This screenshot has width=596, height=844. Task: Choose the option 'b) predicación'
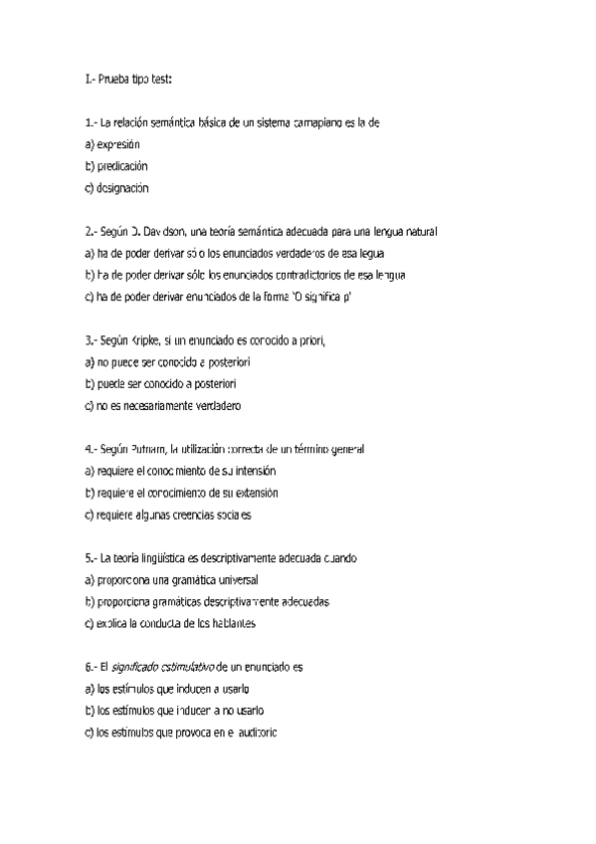click(116, 165)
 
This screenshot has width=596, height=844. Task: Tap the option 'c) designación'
click(116, 187)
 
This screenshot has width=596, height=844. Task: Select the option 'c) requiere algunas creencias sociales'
click(168, 516)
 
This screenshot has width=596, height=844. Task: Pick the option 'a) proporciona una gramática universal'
click(171, 580)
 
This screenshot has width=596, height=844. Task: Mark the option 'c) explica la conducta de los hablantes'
click(171, 624)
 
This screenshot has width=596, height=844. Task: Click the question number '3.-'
click(92, 340)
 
